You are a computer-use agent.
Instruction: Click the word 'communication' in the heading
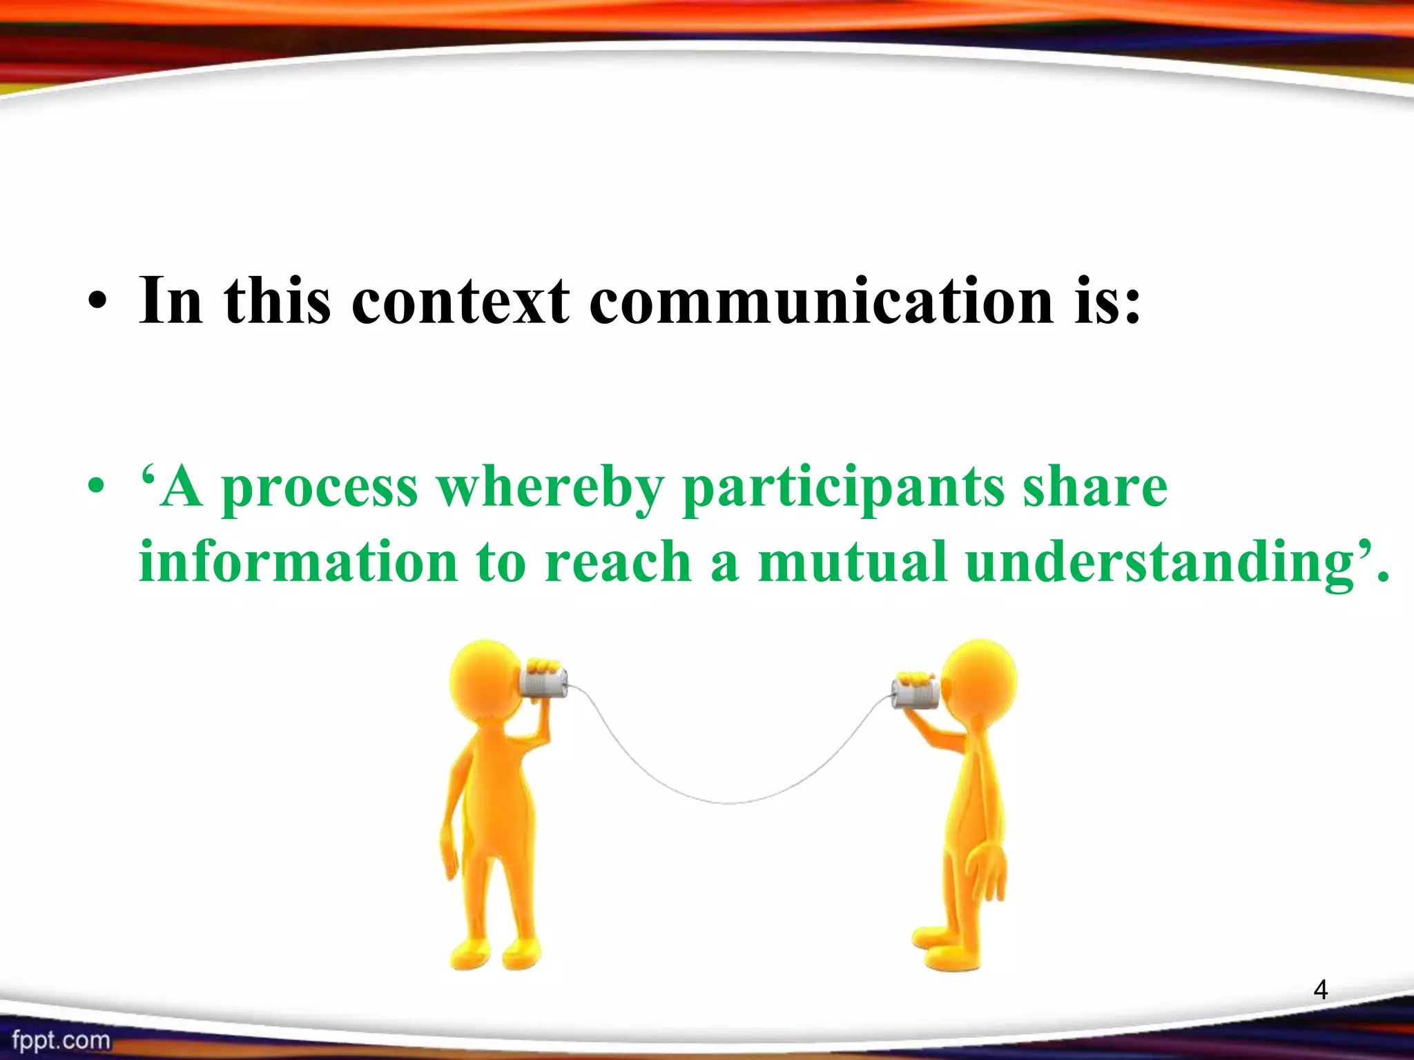click(821, 301)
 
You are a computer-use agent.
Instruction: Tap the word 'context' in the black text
click(461, 301)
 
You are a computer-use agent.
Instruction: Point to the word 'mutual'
click(851, 562)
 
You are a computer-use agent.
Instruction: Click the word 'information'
click(298, 562)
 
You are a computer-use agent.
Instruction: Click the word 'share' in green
click(1094, 487)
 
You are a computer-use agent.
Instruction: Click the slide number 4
click(1320, 990)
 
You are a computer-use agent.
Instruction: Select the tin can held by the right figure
click(914, 693)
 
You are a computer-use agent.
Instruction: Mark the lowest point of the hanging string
click(728, 803)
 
